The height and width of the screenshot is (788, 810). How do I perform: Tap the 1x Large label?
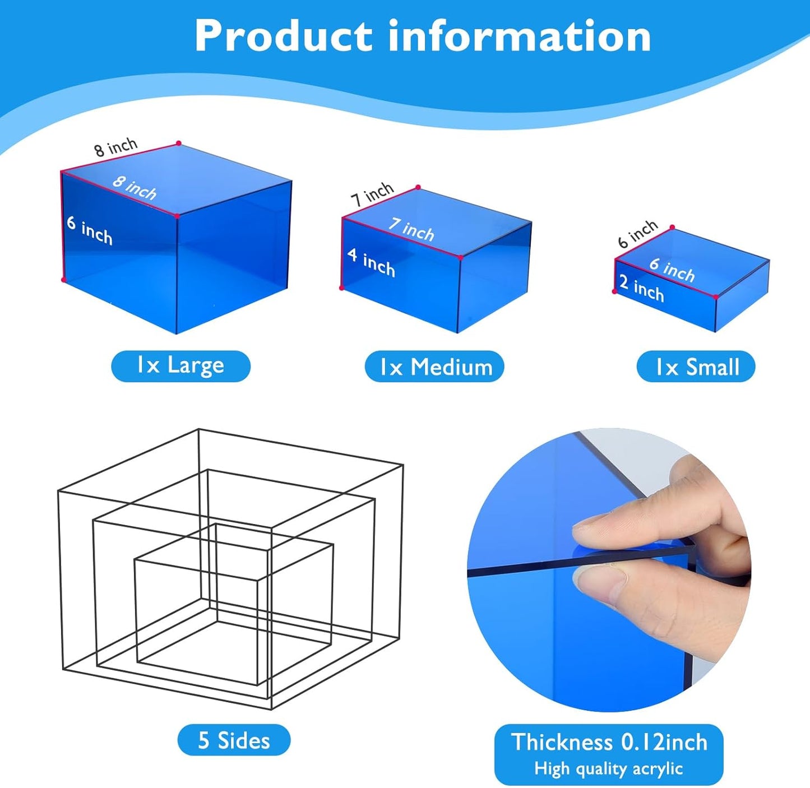click(180, 366)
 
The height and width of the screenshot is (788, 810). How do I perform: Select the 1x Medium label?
click(434, 367)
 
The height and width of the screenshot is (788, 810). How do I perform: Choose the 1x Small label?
click(696, 367)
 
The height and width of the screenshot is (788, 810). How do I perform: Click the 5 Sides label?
click(234, 740)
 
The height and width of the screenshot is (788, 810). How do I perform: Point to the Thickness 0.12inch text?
click(609, 742)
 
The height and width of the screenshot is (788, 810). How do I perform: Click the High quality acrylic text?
click(609, 768)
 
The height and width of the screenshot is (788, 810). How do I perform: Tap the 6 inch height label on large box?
click(89, 230)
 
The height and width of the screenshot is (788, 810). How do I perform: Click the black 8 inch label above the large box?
click(115, 147)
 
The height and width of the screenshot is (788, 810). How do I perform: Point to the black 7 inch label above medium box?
click(372, 194)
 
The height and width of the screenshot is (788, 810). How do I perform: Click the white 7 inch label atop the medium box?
click(411, 229)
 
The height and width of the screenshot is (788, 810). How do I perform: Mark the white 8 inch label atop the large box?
click(135, 188)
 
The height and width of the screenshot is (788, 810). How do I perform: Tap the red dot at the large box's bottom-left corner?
click(63, 279)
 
